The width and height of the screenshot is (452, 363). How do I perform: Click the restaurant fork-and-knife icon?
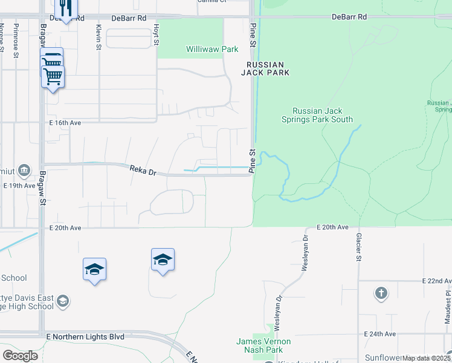[x=65, y=8]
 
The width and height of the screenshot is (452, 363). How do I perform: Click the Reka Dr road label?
[x=143, y=170]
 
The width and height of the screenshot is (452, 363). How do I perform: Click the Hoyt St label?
[x=156, y=34]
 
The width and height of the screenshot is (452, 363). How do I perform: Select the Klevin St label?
[x=98, y=34]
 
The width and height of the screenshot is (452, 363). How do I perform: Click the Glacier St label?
[x=358, y=248]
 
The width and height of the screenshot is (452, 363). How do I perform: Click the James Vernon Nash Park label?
[x=263, y=346]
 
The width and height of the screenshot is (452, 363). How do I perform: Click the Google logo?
[x=20, y=355]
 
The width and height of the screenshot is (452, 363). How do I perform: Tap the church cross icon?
[x=381, y=294]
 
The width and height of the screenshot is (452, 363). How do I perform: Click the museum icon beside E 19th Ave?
[x=25, y=171]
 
